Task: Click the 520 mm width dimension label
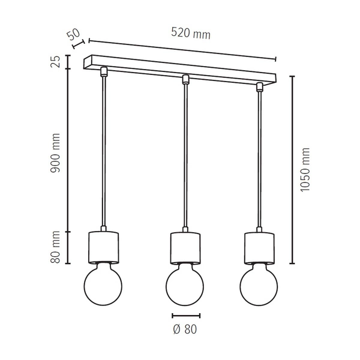click(191, 34)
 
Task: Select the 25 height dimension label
click(55, 61)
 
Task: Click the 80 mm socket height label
click(55, 247)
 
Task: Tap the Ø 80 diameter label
click(185, 329)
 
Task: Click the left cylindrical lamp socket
click(104, 247)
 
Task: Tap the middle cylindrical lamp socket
click(185, 248)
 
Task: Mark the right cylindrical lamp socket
click(259, 247)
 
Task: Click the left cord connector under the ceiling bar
click(104, 71)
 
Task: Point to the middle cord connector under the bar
click(185, 79)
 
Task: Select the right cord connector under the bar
click(259, 87)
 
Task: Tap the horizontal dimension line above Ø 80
click(185, 315)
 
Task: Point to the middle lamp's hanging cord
click(185, 156)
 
